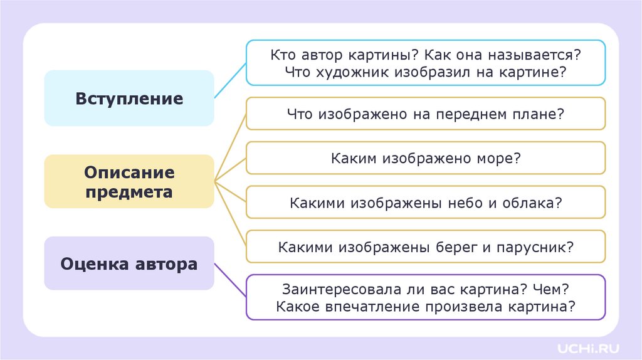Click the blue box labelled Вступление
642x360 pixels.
(129, 98)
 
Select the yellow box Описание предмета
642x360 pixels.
(129, 182)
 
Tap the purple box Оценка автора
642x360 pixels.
(129, 263)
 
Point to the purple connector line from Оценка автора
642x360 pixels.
(230, 280)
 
